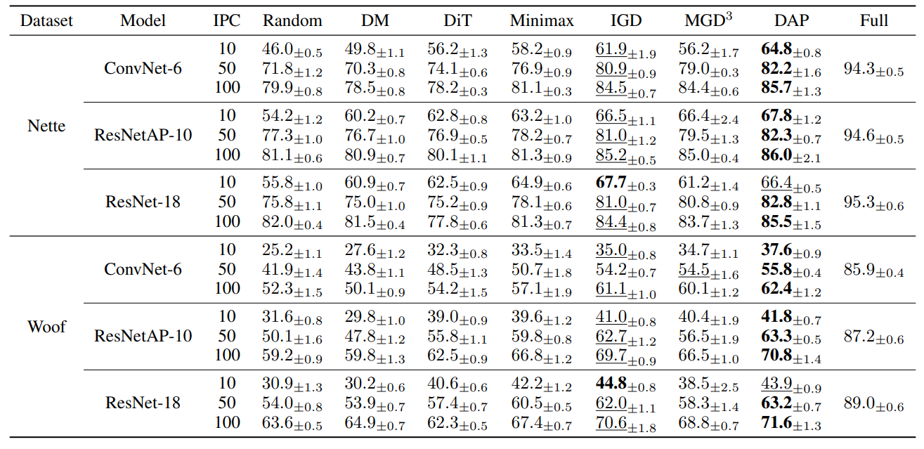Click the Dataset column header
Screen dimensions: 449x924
46,20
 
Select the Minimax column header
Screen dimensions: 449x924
541,20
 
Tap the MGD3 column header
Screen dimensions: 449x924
708,20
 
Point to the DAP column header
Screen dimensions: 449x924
790,20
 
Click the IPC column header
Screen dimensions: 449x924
227,20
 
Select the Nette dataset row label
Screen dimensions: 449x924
46,126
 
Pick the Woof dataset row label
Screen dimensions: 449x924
46,327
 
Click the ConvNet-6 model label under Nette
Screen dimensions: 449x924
143,69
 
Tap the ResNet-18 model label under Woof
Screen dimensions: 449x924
143,403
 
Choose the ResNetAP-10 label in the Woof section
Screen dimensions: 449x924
143,336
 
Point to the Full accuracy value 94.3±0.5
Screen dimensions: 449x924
873,70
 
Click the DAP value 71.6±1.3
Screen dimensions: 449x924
790,423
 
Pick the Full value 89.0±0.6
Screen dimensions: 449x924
873,404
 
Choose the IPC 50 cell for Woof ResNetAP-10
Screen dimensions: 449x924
227,336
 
